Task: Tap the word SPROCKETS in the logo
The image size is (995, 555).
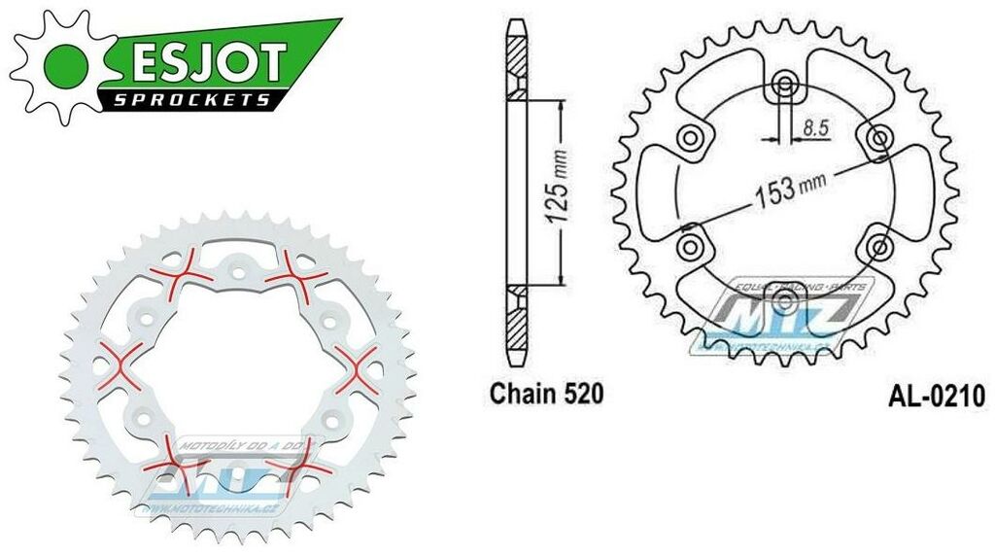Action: [x=194, y=100]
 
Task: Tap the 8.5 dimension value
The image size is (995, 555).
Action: [x=815, y=124]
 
